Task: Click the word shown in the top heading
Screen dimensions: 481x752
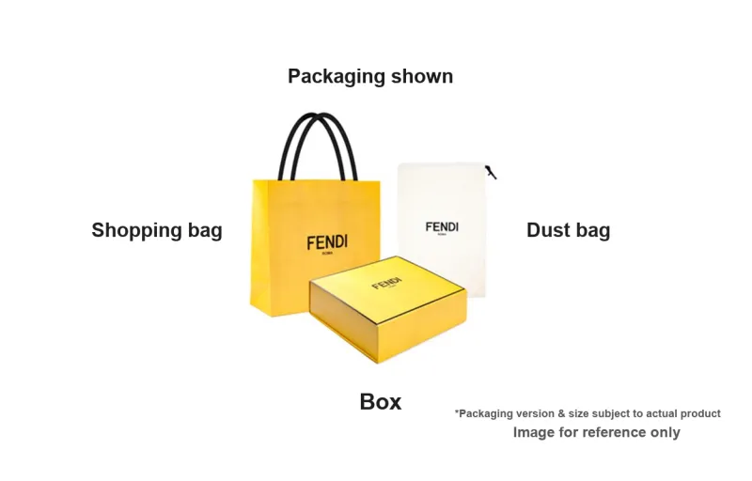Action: pos(419,76)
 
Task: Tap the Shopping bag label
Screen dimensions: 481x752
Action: pos(157,230)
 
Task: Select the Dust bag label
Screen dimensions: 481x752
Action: pos(568,230)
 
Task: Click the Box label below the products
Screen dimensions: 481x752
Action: pos(380,402)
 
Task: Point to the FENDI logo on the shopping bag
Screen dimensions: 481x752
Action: pos(326,242)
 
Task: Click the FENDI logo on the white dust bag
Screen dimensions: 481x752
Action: pos(442,227)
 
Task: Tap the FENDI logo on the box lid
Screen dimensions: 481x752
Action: pos(386,283)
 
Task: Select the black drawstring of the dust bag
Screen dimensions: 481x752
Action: pos(491,172)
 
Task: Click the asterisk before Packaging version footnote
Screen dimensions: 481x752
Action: pos(457,411)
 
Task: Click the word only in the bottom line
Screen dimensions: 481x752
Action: pos(665,433)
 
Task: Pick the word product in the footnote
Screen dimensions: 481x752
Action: pos(699,413)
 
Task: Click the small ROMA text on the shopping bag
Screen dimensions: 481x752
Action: pos(326,255)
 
